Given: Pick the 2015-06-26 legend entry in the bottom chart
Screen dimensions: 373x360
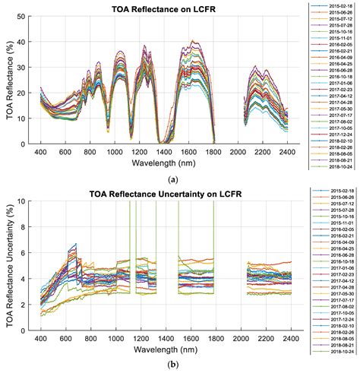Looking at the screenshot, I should click(337, 200).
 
